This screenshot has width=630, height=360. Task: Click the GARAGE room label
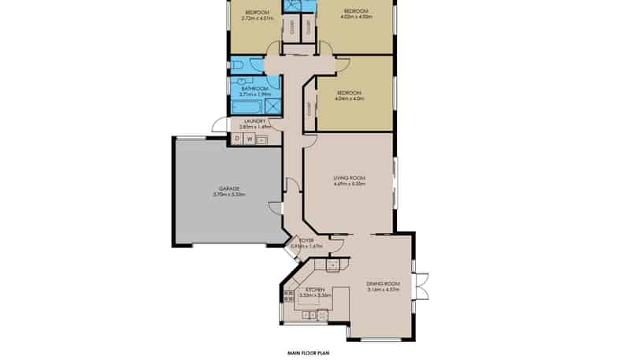click(229, 188)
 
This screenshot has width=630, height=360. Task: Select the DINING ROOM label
click(384, 283)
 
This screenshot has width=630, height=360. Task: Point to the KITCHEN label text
click(316, 290)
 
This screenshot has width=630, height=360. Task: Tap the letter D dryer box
click(237, 139)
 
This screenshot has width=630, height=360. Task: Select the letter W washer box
click(250, 139)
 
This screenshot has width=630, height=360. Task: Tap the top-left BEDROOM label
click(258, 12)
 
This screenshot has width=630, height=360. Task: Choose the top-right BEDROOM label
click(356, 9)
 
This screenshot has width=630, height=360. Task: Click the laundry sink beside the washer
click(262, 139)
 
